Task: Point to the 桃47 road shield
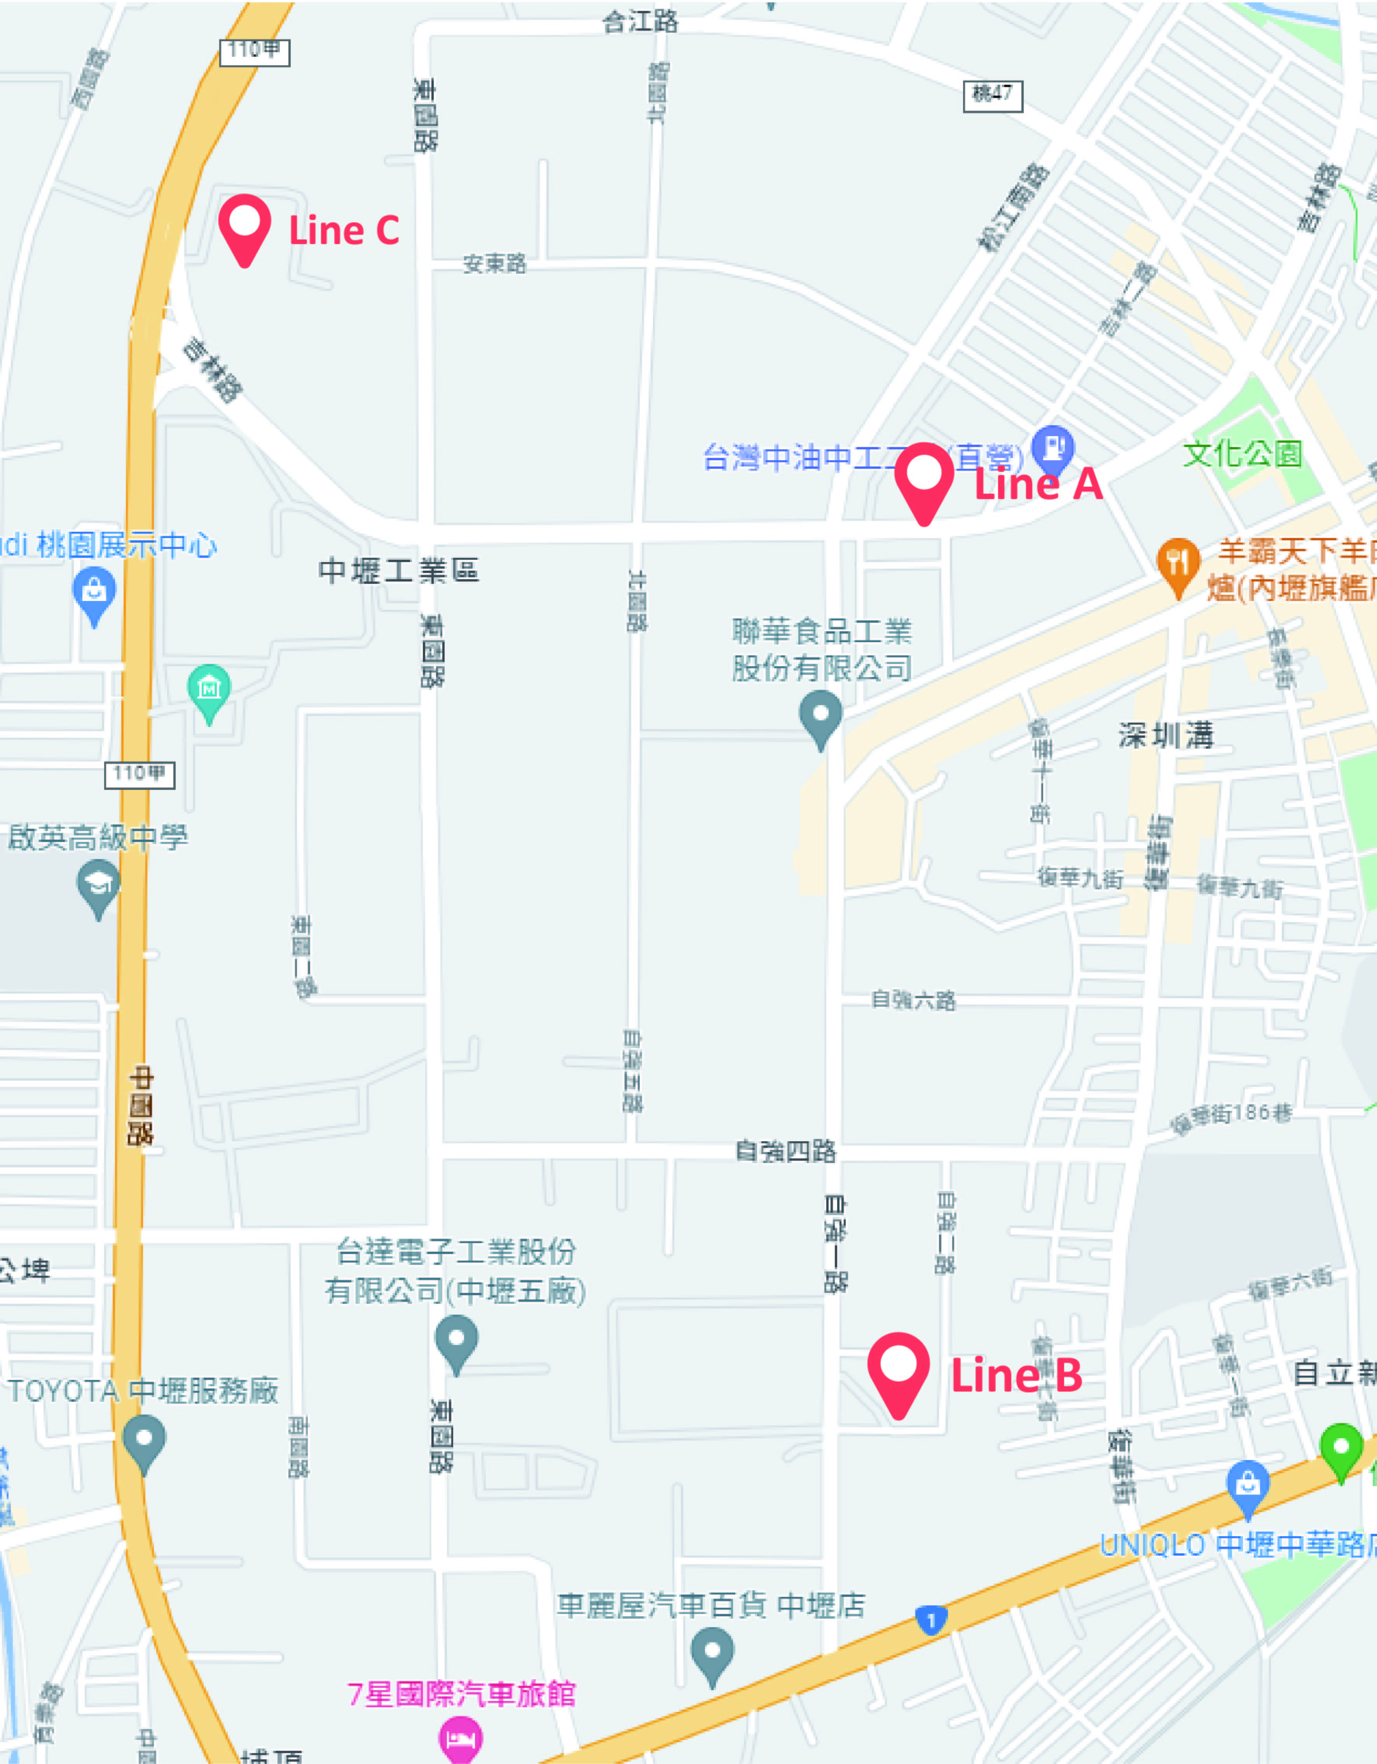993,95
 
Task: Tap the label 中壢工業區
399,571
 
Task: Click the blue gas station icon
1053,447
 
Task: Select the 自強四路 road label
785,1151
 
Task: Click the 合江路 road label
641,22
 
